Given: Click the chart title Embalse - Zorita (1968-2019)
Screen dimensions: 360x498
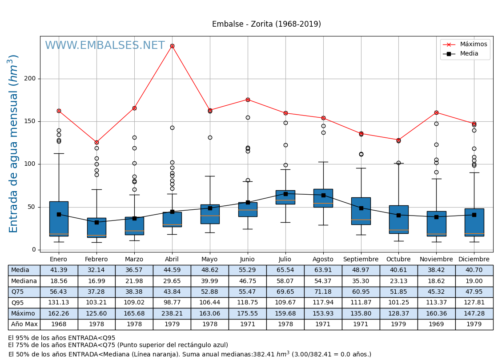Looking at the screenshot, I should tap(266, 24).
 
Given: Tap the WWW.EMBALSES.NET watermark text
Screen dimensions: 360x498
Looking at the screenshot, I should tap(104, 46).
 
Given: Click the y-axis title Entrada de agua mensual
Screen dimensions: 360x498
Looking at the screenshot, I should tap(14, 144).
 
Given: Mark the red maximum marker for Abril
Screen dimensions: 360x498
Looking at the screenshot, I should tap(172, 46).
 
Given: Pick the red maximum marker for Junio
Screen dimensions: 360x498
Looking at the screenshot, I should tap(248, 100).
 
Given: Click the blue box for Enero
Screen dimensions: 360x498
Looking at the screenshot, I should tap(59, 219).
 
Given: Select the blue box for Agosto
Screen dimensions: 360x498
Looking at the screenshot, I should tap(323, 198).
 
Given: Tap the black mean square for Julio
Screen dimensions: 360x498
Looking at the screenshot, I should tap(285, 194).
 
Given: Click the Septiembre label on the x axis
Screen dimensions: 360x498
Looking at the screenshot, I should tap(361, 260).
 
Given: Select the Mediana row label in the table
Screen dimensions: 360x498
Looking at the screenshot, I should tap(24, 281).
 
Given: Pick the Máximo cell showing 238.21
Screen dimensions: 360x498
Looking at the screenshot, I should tap(172, 314).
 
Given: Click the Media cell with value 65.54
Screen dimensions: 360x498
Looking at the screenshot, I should tap(285, 270).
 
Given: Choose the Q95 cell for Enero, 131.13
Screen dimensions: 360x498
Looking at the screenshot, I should tap(59, 303).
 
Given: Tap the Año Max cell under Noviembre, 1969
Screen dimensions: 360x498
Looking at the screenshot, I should tap(436, 324).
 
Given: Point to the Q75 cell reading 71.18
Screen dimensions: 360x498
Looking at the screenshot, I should tap(323, 292).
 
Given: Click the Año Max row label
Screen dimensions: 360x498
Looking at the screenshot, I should tap(24, 324).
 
